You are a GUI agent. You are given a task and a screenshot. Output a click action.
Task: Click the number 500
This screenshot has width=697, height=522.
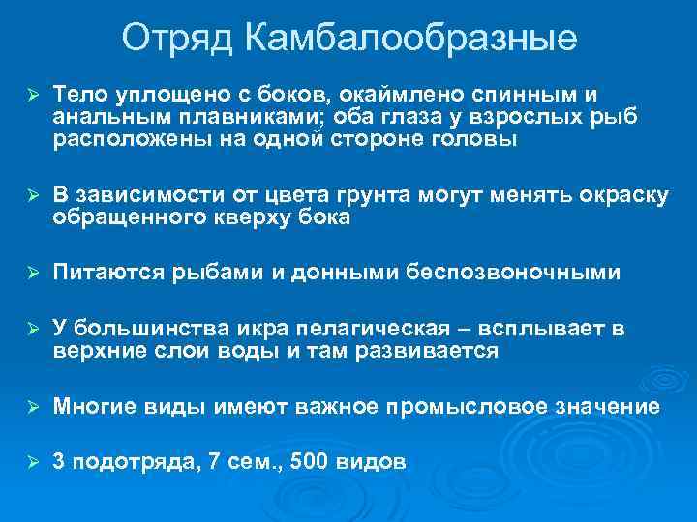tap(308, 463)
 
